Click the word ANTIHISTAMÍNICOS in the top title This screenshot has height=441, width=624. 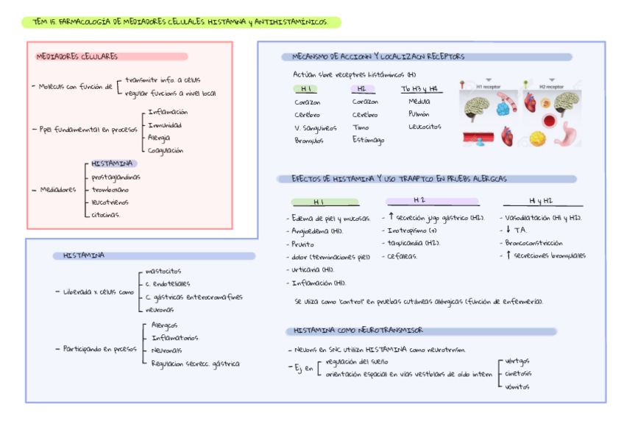click(x=291, y=23)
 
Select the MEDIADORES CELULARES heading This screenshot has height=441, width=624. click(x=77, y=57)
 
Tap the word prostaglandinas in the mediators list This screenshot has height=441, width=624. click(x=116, y=177)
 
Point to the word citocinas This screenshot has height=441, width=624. click(x=106, y=214)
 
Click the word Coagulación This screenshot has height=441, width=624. click(x=166, y=150)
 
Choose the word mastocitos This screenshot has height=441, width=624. click(x=163, y=271)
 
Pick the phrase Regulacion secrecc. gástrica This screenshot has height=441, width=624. click(x=195, y=363)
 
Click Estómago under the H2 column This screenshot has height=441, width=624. click(x=368, y=140)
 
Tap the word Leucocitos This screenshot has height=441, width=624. click(x=425, y=127)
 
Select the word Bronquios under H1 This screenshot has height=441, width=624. click(x=308, y=140)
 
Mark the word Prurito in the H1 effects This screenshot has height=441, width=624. click(x=302, y=244)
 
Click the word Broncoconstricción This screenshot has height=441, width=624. click(x=534, y=242)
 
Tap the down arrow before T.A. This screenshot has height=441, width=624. click(x=508, y=230)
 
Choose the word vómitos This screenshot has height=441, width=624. click(x=517, y=387)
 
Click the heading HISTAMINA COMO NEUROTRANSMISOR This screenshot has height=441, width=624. click(x=358, y=331)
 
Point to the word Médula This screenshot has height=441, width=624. click(x=419, y=102)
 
